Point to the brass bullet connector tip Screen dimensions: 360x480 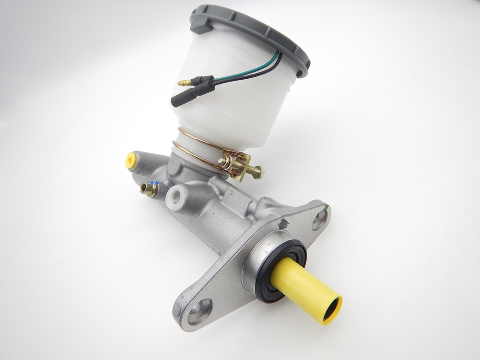coord(183,83)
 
